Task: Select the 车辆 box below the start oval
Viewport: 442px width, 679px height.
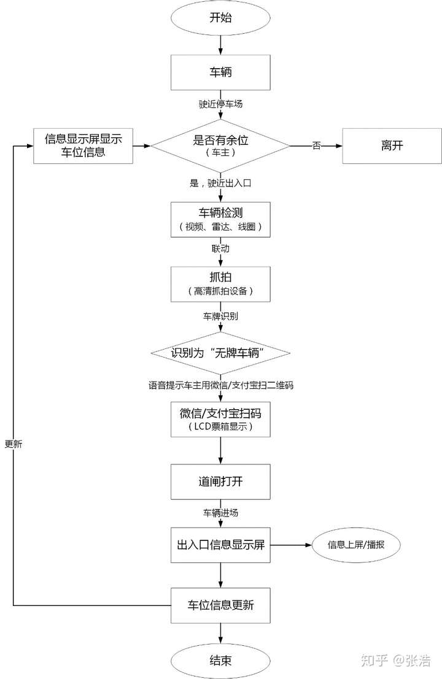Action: click(220, 72)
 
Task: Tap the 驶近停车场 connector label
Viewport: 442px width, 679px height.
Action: click(220, 104)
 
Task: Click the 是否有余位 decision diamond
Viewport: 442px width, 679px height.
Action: click(220, 146)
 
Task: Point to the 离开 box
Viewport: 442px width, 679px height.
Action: click(392, 146)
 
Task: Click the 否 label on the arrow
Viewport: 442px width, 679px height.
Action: click(317, 145)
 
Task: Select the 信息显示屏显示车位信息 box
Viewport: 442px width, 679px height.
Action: click(83, 146)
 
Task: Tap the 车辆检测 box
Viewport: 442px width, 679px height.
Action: click(220, 220)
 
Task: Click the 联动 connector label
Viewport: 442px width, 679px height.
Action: click(220, 248)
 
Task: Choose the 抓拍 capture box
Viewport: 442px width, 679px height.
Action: click(220, 284)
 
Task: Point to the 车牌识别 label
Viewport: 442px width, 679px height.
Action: click(220, 316)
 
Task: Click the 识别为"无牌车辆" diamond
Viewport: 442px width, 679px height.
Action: click(220, 353)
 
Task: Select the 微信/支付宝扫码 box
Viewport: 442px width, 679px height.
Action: click(220, 419)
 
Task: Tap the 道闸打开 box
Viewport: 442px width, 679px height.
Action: click(220, 481)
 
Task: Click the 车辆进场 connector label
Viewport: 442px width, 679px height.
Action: click(220, 513)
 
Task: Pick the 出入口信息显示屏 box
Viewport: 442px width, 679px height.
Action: click(220, 545)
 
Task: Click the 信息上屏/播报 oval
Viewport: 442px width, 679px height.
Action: click(356, 545)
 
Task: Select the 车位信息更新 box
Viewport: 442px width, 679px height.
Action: click(220, 605)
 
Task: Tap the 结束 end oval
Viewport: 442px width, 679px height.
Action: click(220, 661)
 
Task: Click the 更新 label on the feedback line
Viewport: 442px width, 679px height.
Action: click(14, 444)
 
